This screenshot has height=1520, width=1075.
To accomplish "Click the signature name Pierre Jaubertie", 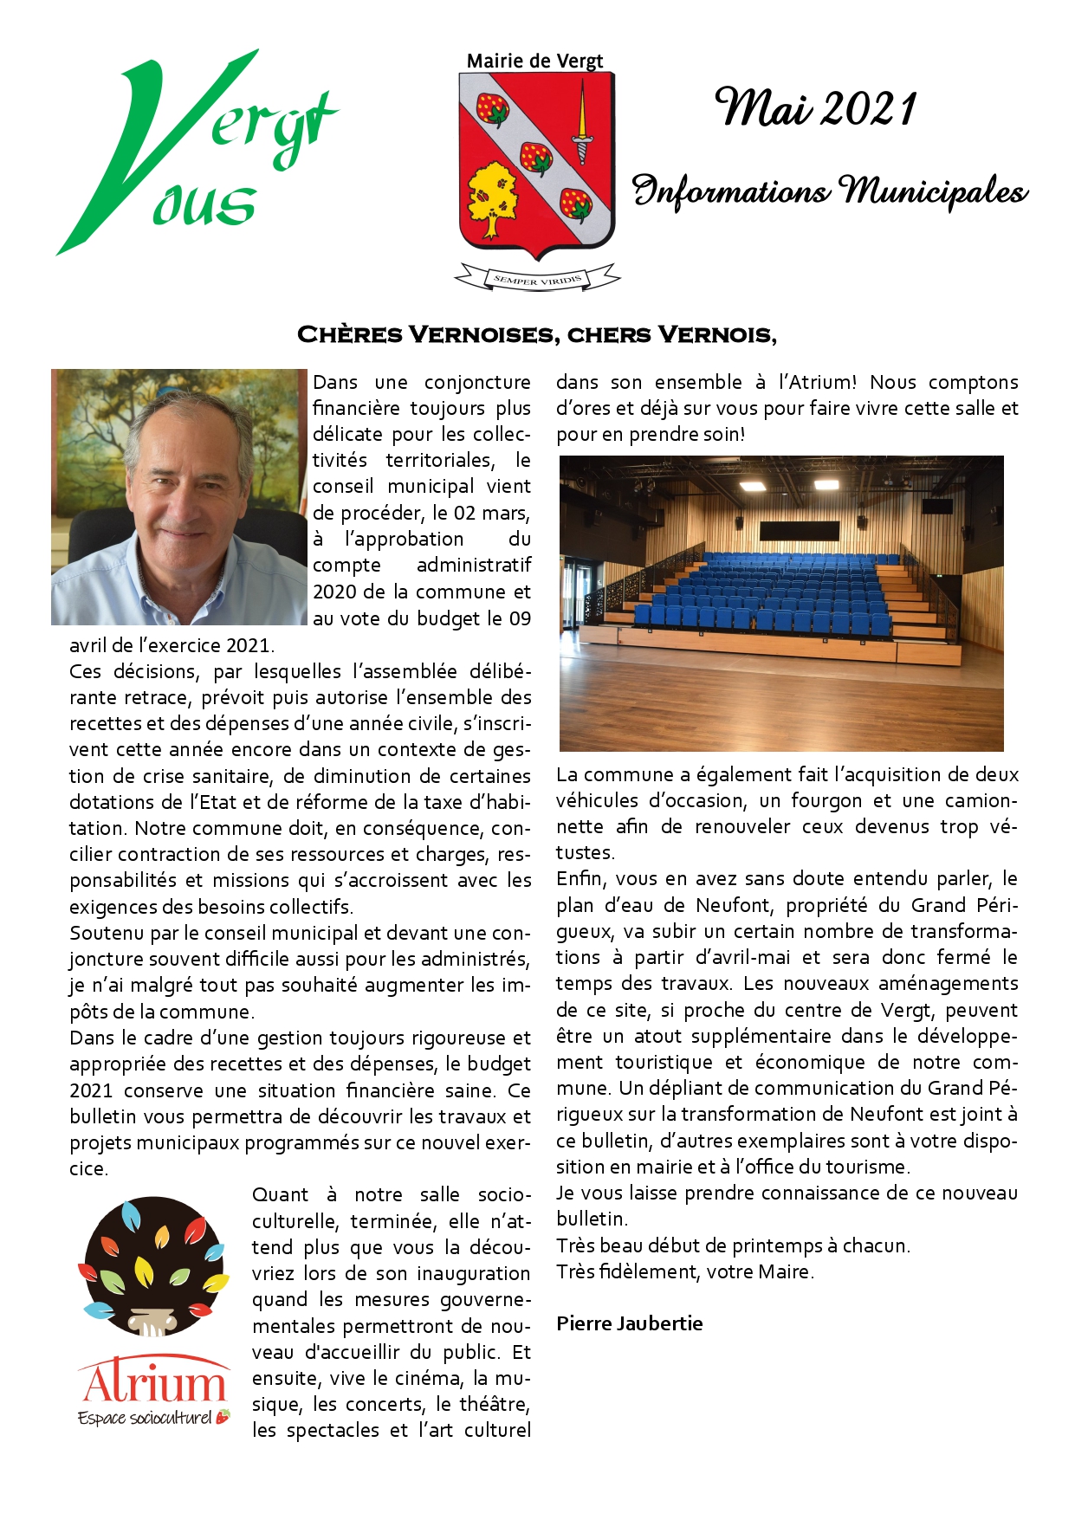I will point(629,1323).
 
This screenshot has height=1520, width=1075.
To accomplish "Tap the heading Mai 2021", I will point(815,109).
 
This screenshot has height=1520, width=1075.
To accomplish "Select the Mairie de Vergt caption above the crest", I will point(534,61).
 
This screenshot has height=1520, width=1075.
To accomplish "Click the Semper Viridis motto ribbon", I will point(537,279).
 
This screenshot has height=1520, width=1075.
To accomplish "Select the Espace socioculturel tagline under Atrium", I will point(146,1418).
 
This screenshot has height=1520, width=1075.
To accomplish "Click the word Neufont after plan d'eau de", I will point(733,905).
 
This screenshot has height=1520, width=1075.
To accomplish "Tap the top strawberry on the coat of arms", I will point(493,109).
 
